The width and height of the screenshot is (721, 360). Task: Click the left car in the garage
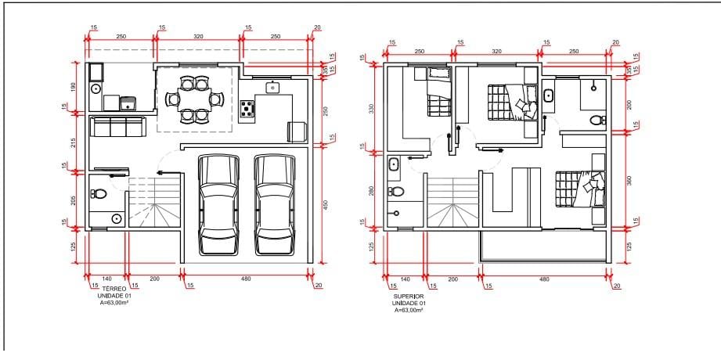click(219, 205)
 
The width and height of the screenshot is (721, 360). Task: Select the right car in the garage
click(275, 205)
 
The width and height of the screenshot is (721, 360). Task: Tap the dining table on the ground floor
click(193, 99)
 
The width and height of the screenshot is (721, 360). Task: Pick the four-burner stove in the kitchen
click(247, 109)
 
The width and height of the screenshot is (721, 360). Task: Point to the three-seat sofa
click(117, 127)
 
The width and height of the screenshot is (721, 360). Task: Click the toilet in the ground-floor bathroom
click(99, 193)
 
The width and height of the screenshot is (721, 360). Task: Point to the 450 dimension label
click(326, 204)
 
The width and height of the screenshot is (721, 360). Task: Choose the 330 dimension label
click(372, 109)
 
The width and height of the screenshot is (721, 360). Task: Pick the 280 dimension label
click(372, 190)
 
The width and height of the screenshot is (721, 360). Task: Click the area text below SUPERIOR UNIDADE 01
click(409, 311)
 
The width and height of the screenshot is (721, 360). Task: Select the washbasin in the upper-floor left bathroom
click(394, 164)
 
